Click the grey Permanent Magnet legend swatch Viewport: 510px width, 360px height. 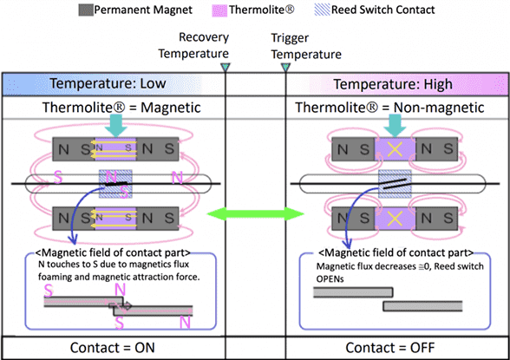tap(86, 10)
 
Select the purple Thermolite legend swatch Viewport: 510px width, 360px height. tap(219, 10)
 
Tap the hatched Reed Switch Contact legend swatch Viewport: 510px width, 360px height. tap(322, 10)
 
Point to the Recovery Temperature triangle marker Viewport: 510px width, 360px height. tap(226, 68)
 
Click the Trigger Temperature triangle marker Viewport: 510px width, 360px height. tap(285, 68)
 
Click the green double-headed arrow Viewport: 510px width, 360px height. tap(255, 214)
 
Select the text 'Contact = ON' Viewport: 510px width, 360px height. tap(113, 348)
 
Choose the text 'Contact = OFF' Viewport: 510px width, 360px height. tap(390, 348)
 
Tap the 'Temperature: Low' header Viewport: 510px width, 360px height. tap(108, 83)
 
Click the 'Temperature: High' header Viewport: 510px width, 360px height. tap(393, 84)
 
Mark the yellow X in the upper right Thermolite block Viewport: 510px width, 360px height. tap(395, 149)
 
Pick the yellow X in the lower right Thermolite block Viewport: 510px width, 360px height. tap(395, 219)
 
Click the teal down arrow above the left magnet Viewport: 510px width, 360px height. tap(116, 125)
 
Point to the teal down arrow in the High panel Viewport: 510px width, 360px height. tap(395, 126)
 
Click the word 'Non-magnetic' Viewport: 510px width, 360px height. tap(439, 108)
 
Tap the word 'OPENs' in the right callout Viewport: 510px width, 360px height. tap(330, 279)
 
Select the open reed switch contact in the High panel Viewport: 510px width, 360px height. tap(395, 183)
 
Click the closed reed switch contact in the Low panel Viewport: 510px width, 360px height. tap(115, 184)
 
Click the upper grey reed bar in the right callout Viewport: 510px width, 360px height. tap(353, 292)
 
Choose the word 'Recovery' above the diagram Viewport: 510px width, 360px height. tap(204, 37)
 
